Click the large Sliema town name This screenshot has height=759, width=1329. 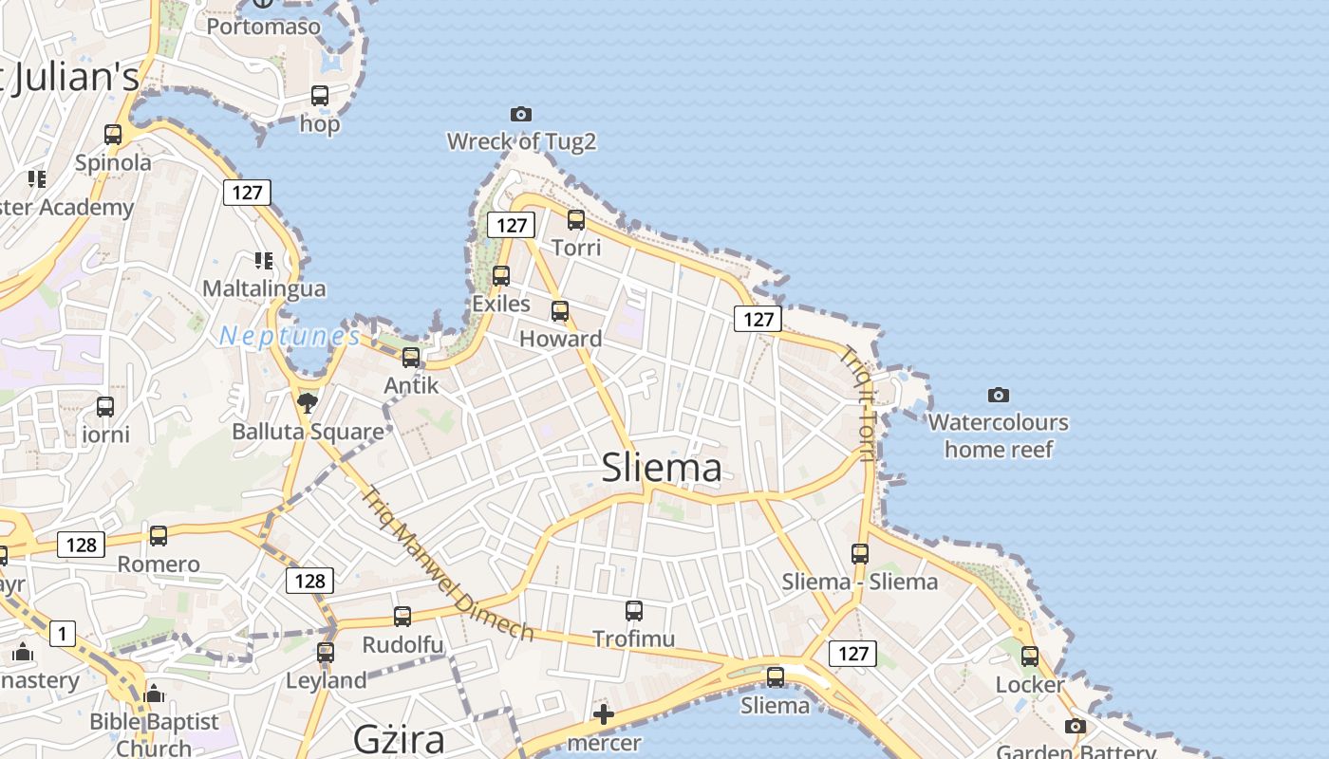click(x=662, y=468)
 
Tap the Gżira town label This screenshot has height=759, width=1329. click(x=398, y=738)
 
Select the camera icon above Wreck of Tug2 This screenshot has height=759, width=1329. click(x=521, y=114)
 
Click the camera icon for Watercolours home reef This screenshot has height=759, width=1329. click(x=998, y=395)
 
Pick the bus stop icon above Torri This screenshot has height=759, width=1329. click(x=576, y=220)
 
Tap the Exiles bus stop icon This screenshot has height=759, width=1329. click(x=501, y=276)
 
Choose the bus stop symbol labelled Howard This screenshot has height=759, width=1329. click(x=560, y=311)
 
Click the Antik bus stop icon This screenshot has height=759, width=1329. click(x=411, y=358)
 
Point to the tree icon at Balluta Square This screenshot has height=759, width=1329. click(x=308, y=403)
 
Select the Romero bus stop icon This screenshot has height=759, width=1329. click(x=159, y=536)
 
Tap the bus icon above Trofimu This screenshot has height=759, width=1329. click(x=634, y=611)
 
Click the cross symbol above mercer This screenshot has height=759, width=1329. click(x=604, y=714)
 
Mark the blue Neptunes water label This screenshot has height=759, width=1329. click(x=290, y=336)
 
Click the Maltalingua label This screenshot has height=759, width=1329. click(x=264, y=288)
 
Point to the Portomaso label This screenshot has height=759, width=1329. click(x=264, y=27)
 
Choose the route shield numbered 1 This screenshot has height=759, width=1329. click(x=63, y=633)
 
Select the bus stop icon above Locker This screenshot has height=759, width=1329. click(x=1030, y=656)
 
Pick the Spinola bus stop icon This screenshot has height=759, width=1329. click(x=113, y=135)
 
